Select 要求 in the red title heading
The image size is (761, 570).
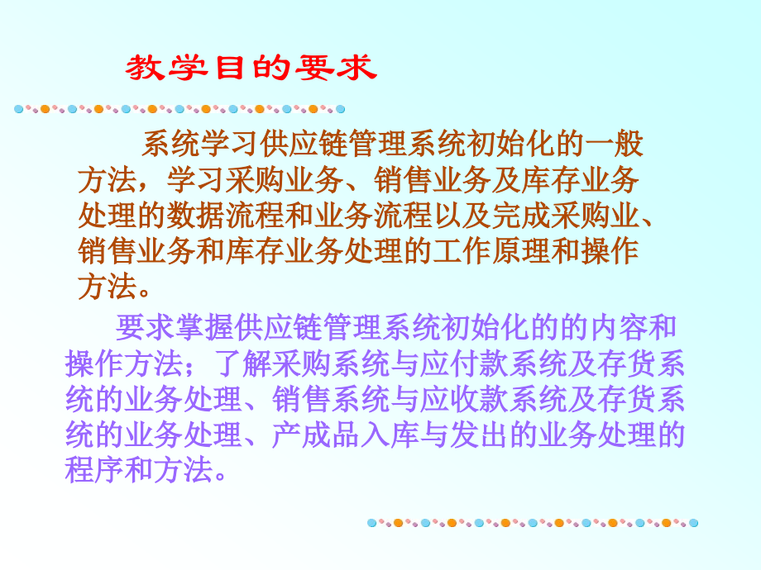click(334, 67)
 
